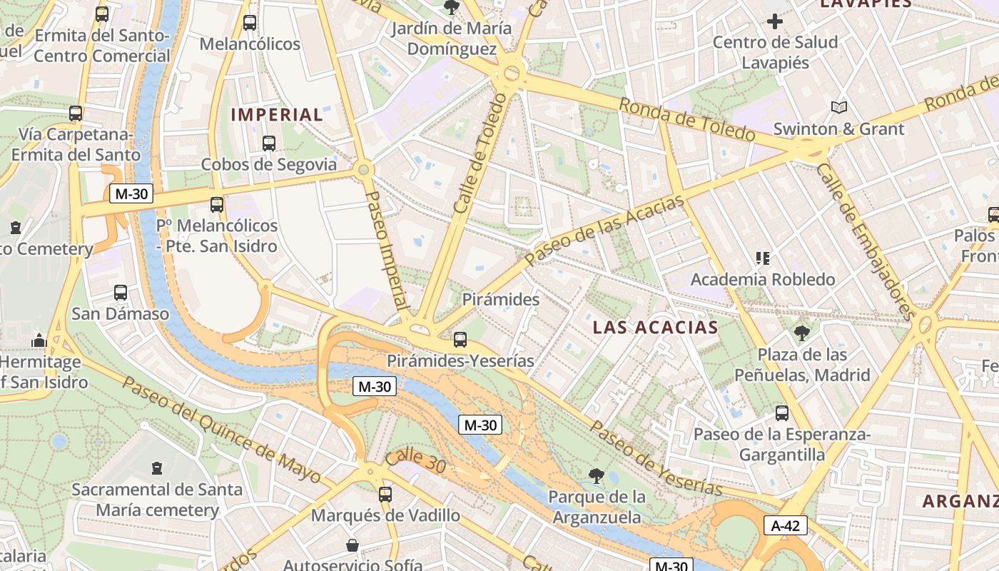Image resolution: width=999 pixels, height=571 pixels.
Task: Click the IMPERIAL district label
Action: click(277, 114)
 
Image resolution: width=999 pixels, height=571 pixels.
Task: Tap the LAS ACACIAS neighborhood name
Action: click(656, 328)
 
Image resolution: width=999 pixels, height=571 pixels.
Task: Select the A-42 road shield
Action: click(786, 526)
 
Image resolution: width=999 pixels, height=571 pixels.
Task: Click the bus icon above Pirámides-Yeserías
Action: click(460, 340)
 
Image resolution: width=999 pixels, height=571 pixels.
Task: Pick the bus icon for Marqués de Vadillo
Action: click(385, 494)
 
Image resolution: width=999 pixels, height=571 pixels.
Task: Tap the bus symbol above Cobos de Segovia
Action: click(269, 143)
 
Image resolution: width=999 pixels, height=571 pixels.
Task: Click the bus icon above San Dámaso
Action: click(121, 293)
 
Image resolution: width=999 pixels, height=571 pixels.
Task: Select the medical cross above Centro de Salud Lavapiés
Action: click(775, 21)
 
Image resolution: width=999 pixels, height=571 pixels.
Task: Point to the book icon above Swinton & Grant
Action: click(839, 108)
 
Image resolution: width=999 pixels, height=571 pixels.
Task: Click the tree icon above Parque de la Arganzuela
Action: click(597, 475)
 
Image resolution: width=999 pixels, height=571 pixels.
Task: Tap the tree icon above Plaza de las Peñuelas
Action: click(802, 333)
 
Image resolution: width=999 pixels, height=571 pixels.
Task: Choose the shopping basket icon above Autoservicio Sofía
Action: click(353, 545)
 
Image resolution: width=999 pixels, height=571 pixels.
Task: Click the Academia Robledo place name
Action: click(763, 279)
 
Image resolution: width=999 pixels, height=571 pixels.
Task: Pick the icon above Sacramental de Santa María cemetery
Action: click(157, 469)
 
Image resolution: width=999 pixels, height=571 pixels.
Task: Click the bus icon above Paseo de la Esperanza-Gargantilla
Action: click(782, 413)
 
